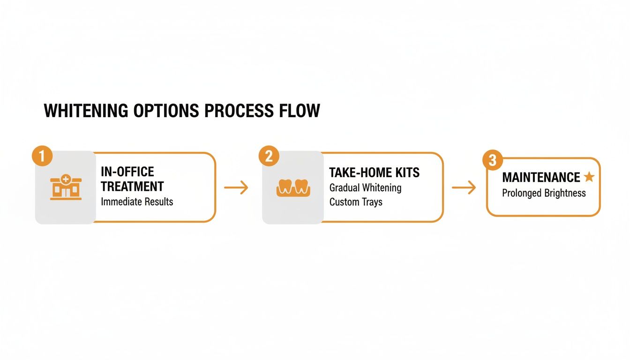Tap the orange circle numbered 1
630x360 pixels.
(42, 156)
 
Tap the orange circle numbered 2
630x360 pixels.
(269, 156)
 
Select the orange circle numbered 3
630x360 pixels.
(492, 161)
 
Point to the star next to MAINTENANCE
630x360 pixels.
(589, 177)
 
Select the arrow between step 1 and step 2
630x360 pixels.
(236, 188)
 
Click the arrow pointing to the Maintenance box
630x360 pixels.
(463, 188)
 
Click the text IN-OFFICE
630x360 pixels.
(127, 172)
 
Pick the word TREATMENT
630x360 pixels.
(132, 186)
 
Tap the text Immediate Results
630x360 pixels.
(137, 202)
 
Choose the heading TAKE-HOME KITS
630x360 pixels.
(375, 172)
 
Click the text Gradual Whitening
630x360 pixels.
(365, 187)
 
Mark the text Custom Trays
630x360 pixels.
(356, 202)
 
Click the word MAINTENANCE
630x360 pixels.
(541, 177)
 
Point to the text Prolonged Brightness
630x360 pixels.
(544, 193)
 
